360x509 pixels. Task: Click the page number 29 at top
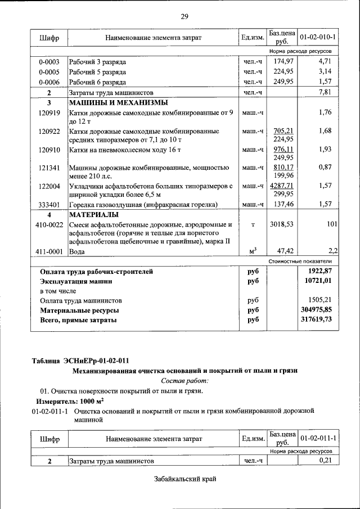point(184,16)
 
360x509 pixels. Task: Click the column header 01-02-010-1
point(318,37)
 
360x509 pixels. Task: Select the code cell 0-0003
point(49,61)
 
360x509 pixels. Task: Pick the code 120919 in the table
point(49,112)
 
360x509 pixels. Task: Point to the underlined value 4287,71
point(282,185)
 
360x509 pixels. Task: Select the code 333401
point(49,205)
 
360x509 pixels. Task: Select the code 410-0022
point(49,224)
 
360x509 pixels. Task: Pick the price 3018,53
point(282,224)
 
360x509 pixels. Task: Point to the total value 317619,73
point(318,320)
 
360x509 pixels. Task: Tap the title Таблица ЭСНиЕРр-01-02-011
point(83,360)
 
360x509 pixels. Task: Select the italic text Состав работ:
point(184,380)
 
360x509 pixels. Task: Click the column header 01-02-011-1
point(318,438)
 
